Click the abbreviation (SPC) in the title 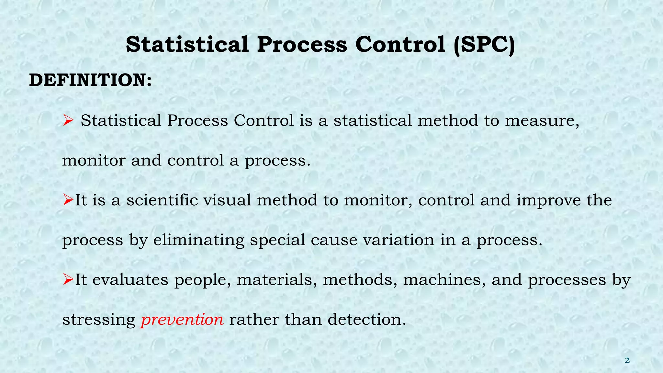pos(484,45)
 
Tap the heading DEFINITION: pos(90,80)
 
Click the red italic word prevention pos(182,320)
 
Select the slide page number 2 pos(627,360)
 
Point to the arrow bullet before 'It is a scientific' pos(68,200)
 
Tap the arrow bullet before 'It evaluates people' pos(68,279)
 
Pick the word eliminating pos(198,240)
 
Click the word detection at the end pos(366,320)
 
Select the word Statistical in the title pos(187,45)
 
